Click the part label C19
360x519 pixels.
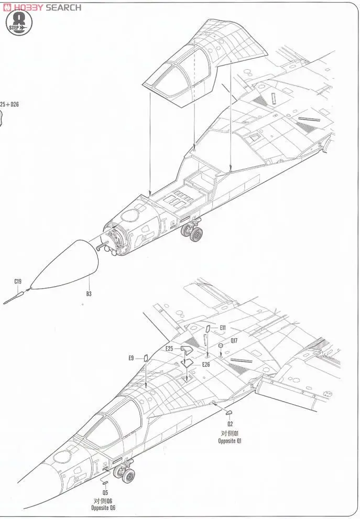[x=18, y=282]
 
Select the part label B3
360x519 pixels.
[x=89, y=294]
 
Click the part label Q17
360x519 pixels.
[x=234, y=340]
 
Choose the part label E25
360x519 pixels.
[x=169, y=348]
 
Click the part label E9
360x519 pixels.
[x=131, y=358]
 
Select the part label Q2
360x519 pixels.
[x=230, y=423]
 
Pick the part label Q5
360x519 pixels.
[x=105, y=493]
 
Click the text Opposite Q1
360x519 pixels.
[x=230, y=441]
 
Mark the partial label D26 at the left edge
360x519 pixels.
[x=9, y=104]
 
